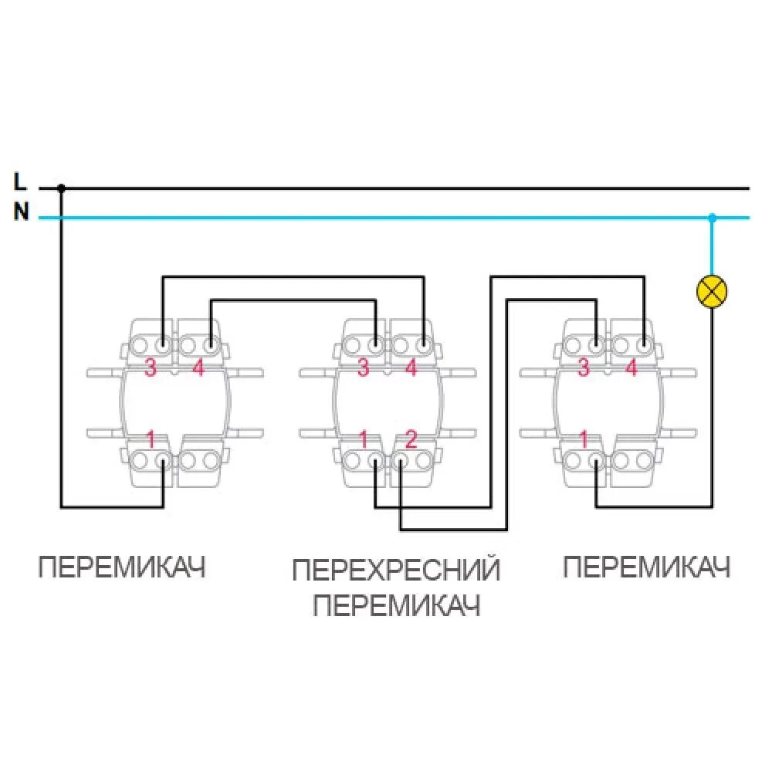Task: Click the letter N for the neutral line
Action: point(21,212)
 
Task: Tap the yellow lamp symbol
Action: point(712,290)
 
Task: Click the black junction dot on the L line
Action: point(62,188)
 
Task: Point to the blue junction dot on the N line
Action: point(712,218)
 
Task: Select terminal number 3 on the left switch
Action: point(151,368)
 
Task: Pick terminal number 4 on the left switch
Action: point(198,368)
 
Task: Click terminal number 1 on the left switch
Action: point(151,440)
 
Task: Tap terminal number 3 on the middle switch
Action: point(363,368)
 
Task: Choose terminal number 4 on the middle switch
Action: point(411,368)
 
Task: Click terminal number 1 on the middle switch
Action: point(363,440)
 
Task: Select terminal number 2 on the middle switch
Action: point(411,440)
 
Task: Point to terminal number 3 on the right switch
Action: point(584,368)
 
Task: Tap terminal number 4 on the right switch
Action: point(631,368)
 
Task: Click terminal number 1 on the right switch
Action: point(584,440)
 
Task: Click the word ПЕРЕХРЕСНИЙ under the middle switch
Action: point(396,571)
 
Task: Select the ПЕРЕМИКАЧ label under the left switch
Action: point(123,569)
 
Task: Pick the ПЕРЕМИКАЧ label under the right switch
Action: point(646,568)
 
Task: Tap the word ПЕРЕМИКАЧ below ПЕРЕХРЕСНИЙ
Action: point(397,605)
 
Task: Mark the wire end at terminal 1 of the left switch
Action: point(163,461)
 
